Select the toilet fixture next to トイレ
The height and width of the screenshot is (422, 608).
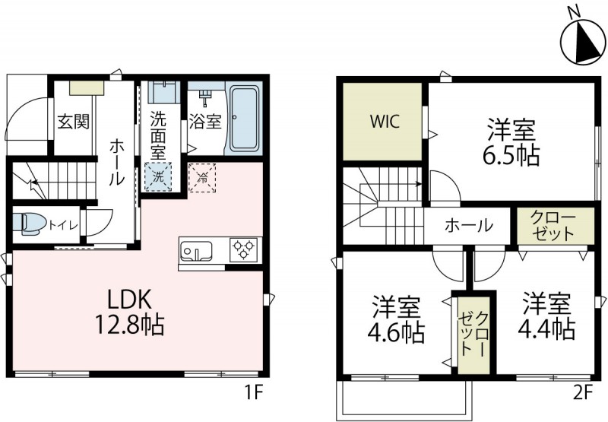tap(31, 224)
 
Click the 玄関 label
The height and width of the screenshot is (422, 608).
tap(72, 122)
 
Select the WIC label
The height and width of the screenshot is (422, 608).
tap(384, 122)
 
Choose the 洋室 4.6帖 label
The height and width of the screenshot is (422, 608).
tap(397, 321)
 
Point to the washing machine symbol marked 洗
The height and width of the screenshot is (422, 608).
tap(160, 177)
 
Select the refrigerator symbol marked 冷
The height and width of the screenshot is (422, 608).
tap(202, 177)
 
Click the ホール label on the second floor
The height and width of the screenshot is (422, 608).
tap(469, 226)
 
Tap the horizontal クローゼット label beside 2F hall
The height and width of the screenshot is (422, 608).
tap(553, 227)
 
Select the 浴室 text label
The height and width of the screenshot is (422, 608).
tap(205, 122)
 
